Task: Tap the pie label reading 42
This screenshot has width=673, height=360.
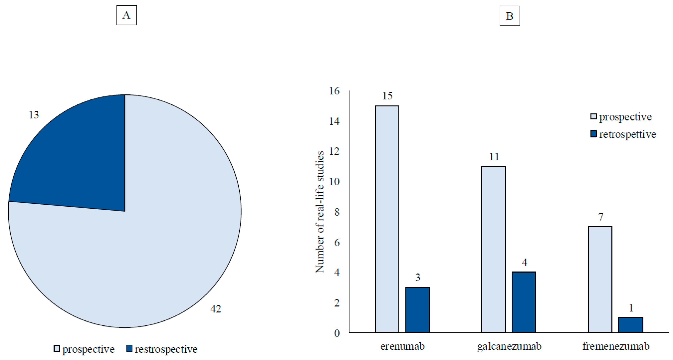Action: [216, 309]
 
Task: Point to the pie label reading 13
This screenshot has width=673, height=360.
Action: [34, 115]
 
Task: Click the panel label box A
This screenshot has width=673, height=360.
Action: [126, 15]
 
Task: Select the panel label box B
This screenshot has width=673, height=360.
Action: [509, 16]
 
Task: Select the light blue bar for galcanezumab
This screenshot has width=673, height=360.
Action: [494, 249]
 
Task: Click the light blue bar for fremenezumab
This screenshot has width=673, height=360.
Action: [600, 279]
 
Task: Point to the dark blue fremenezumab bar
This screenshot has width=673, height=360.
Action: [630, 325]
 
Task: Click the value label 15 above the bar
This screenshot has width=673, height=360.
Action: [387, 96]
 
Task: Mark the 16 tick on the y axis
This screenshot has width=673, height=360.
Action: [334, 91]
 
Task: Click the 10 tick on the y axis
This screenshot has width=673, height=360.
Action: [334, 182]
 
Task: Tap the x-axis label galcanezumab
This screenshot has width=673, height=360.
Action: [509, 347]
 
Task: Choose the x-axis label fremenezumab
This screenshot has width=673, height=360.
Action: [616, 347]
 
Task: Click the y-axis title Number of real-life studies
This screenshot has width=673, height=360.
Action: [320, 212]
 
